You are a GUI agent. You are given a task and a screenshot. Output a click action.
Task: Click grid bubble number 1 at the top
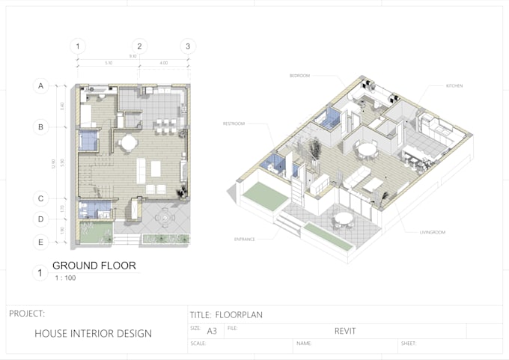coord(78,46)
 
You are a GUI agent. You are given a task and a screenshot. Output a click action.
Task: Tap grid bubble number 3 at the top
coord(188,46)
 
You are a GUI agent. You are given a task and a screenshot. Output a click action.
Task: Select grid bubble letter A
coord(40,86)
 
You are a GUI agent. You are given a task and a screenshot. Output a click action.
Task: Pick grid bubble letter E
coord(40,242)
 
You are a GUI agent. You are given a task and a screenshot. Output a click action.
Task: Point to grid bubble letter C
coord(40,199)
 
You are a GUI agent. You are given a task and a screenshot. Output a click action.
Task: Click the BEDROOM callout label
coord(300,76)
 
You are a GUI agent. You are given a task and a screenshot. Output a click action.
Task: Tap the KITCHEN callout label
coord(454,86)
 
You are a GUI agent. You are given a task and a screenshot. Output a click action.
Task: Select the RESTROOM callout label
coord(234,123)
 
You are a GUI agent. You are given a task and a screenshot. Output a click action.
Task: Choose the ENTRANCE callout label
coord(244,239)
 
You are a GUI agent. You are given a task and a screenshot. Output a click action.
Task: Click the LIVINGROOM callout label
coord(431,233)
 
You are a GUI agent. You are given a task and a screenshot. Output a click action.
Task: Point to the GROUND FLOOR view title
coord(94,266)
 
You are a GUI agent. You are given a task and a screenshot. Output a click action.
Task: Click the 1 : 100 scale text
coord(65,278)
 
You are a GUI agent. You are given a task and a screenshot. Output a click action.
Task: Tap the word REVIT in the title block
coord(345,330)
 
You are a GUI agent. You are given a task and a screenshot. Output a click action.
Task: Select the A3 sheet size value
coord(212,330)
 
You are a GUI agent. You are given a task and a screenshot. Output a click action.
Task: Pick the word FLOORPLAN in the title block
coord(239,315)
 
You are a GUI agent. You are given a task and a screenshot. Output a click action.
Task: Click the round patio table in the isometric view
coord(343,219)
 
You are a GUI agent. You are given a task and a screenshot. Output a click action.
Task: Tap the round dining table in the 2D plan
coord(129,141)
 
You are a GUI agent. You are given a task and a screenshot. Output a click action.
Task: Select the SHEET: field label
coord(409,344)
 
